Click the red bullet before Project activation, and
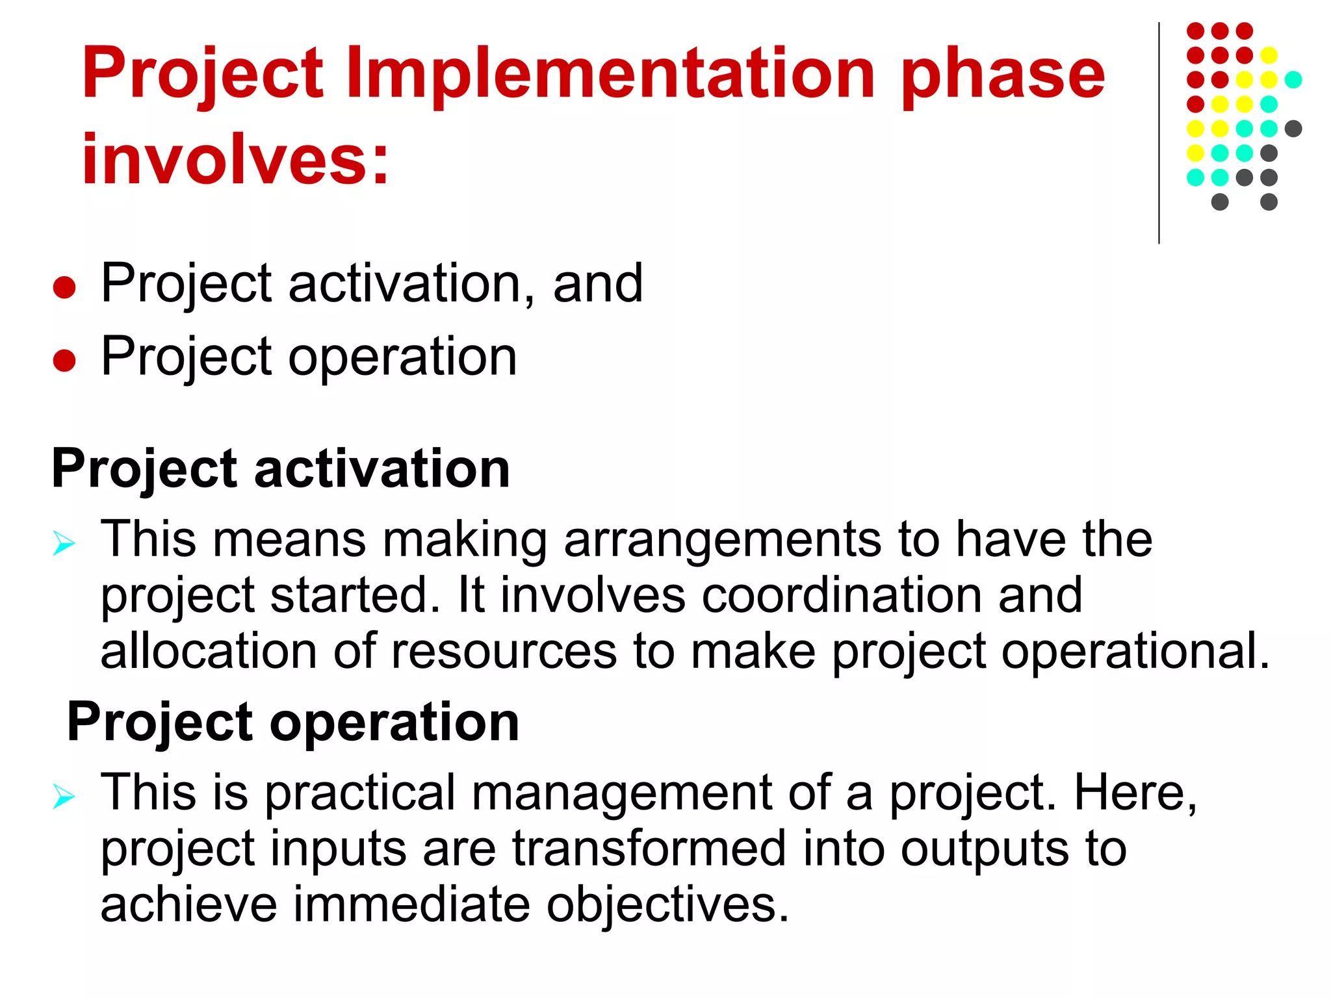tap(64, 287)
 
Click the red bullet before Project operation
tap(64, 360)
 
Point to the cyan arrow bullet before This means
tap(64, 543)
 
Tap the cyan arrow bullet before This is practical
tap(64, 796)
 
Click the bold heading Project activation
tap(281, 469)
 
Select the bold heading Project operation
tap(293, 723)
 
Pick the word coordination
tap(841, 595)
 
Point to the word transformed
tap(649, 849)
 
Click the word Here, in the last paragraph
tap(1135, 793)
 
